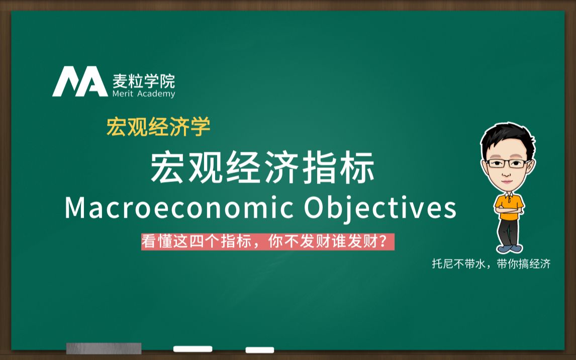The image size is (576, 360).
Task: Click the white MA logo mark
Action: [x=80, y=81]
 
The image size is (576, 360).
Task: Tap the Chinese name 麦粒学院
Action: [x=144, y=81]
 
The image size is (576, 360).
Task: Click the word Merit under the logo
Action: [x=123, y=94]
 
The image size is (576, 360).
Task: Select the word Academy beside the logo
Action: [x=156, y=94]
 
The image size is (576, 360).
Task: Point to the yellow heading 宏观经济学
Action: [x=158, y=127]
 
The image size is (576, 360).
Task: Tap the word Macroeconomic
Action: [x=179, y=208]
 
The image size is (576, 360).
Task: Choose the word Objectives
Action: [x=380, y=208]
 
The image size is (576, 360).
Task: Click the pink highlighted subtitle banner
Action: [x=268, y=242]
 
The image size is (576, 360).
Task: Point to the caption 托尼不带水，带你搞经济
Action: [x=491, y=264]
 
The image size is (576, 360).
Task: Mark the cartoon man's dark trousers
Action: [x=509, y=232]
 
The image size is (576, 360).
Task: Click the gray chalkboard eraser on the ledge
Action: [x=104, y=348]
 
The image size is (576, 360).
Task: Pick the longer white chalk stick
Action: [x=193, y=349]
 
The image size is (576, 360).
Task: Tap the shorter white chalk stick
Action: [x=260, y=350]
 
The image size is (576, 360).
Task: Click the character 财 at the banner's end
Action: [x=370, y=242]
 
